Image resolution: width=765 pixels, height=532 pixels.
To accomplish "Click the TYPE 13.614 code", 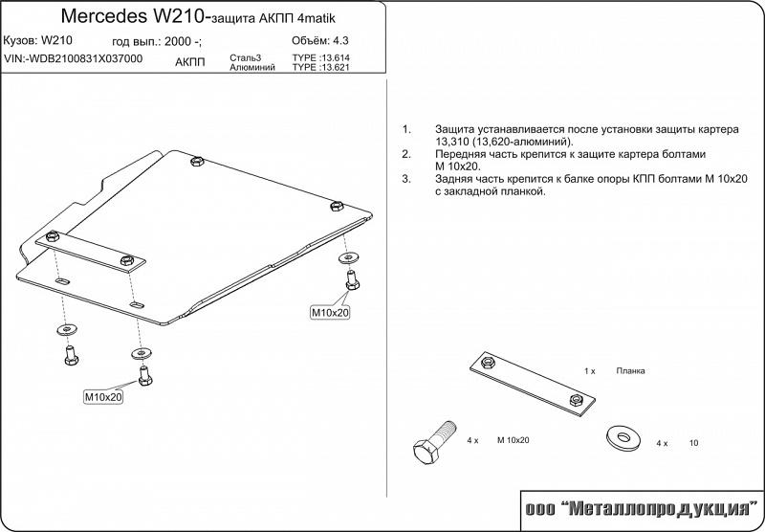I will (320, 58).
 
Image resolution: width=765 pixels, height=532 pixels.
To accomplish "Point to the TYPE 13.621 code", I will (320, 68).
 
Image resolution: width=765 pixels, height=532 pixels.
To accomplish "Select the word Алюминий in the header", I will (251, 68).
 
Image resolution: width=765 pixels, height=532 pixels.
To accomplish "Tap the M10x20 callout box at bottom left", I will (104, 396).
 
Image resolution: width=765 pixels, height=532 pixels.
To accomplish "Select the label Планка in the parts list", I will (631, 369).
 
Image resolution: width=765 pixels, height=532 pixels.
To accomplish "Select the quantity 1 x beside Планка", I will (590, 369).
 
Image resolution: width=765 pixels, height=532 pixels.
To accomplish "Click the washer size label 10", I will (694, 444).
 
